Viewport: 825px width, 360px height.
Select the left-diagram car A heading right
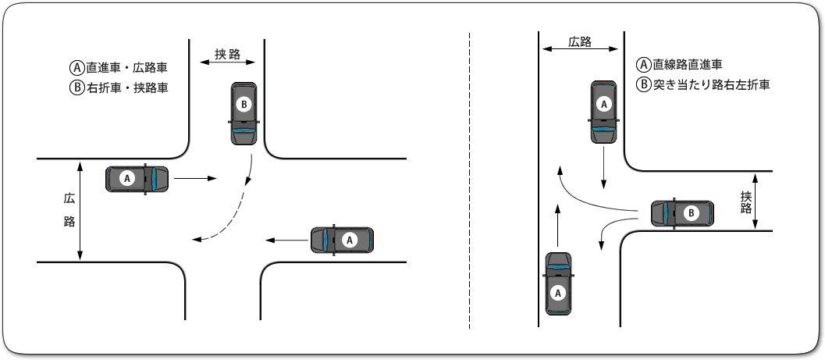click(x=137, y=179)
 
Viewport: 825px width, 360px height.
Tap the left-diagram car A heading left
click(x=343, y=240)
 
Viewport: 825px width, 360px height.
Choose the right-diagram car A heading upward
click(x=557, y=283)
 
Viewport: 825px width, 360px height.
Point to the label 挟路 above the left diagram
click(x=226, y=55)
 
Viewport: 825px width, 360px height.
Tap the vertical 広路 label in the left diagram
click(x=69, y=211)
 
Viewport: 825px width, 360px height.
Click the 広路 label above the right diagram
click(x=579, y=41)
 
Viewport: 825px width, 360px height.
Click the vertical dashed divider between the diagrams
click(x=469, y=180)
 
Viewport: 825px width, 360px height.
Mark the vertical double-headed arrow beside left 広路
click(x=80, y=211)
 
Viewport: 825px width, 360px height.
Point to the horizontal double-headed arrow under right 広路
click(x=579, y=50)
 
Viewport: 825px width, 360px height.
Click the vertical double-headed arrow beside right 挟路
click(x=756, y=202)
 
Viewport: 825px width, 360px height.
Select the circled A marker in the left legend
click(x=76, y=68)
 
